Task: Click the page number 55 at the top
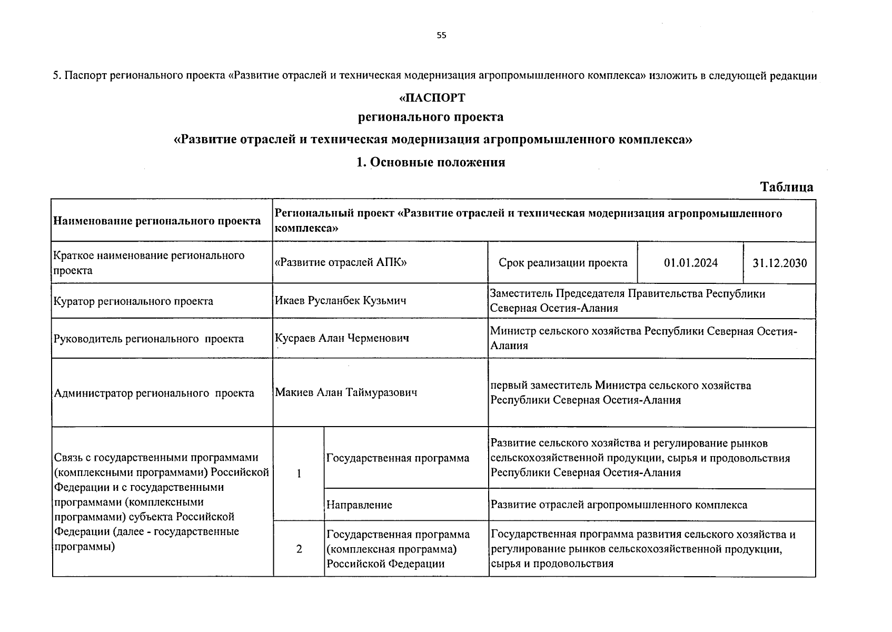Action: (x=441, y=35)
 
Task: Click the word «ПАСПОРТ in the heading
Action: (x=432, y=98)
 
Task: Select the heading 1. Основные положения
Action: (x=431, y=162)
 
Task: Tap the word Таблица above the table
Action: (x=787, y=187)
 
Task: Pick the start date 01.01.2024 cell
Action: (x=690, y=263)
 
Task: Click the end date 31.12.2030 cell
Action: (x=779, y=263)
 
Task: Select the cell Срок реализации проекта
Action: (x=563, y=263)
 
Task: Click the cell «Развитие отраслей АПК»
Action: (x=341, y=263)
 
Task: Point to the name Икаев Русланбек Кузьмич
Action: (x=340, y=301)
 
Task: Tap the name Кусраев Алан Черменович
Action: (x=342, y=338)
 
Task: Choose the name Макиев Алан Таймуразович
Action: (x=346, y=392)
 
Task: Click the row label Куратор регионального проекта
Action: (x=133, y=301)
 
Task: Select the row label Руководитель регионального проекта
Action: (x=148, y=339)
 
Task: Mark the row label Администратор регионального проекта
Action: (x=154, y=393)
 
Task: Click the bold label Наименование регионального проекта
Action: (x=157, y=221)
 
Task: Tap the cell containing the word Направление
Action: (x=359, y=505)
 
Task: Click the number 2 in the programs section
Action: (x=299, y=549)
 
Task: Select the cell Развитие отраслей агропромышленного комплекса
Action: (x=619, y=505)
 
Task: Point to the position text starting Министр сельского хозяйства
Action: (x=643, y=338)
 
